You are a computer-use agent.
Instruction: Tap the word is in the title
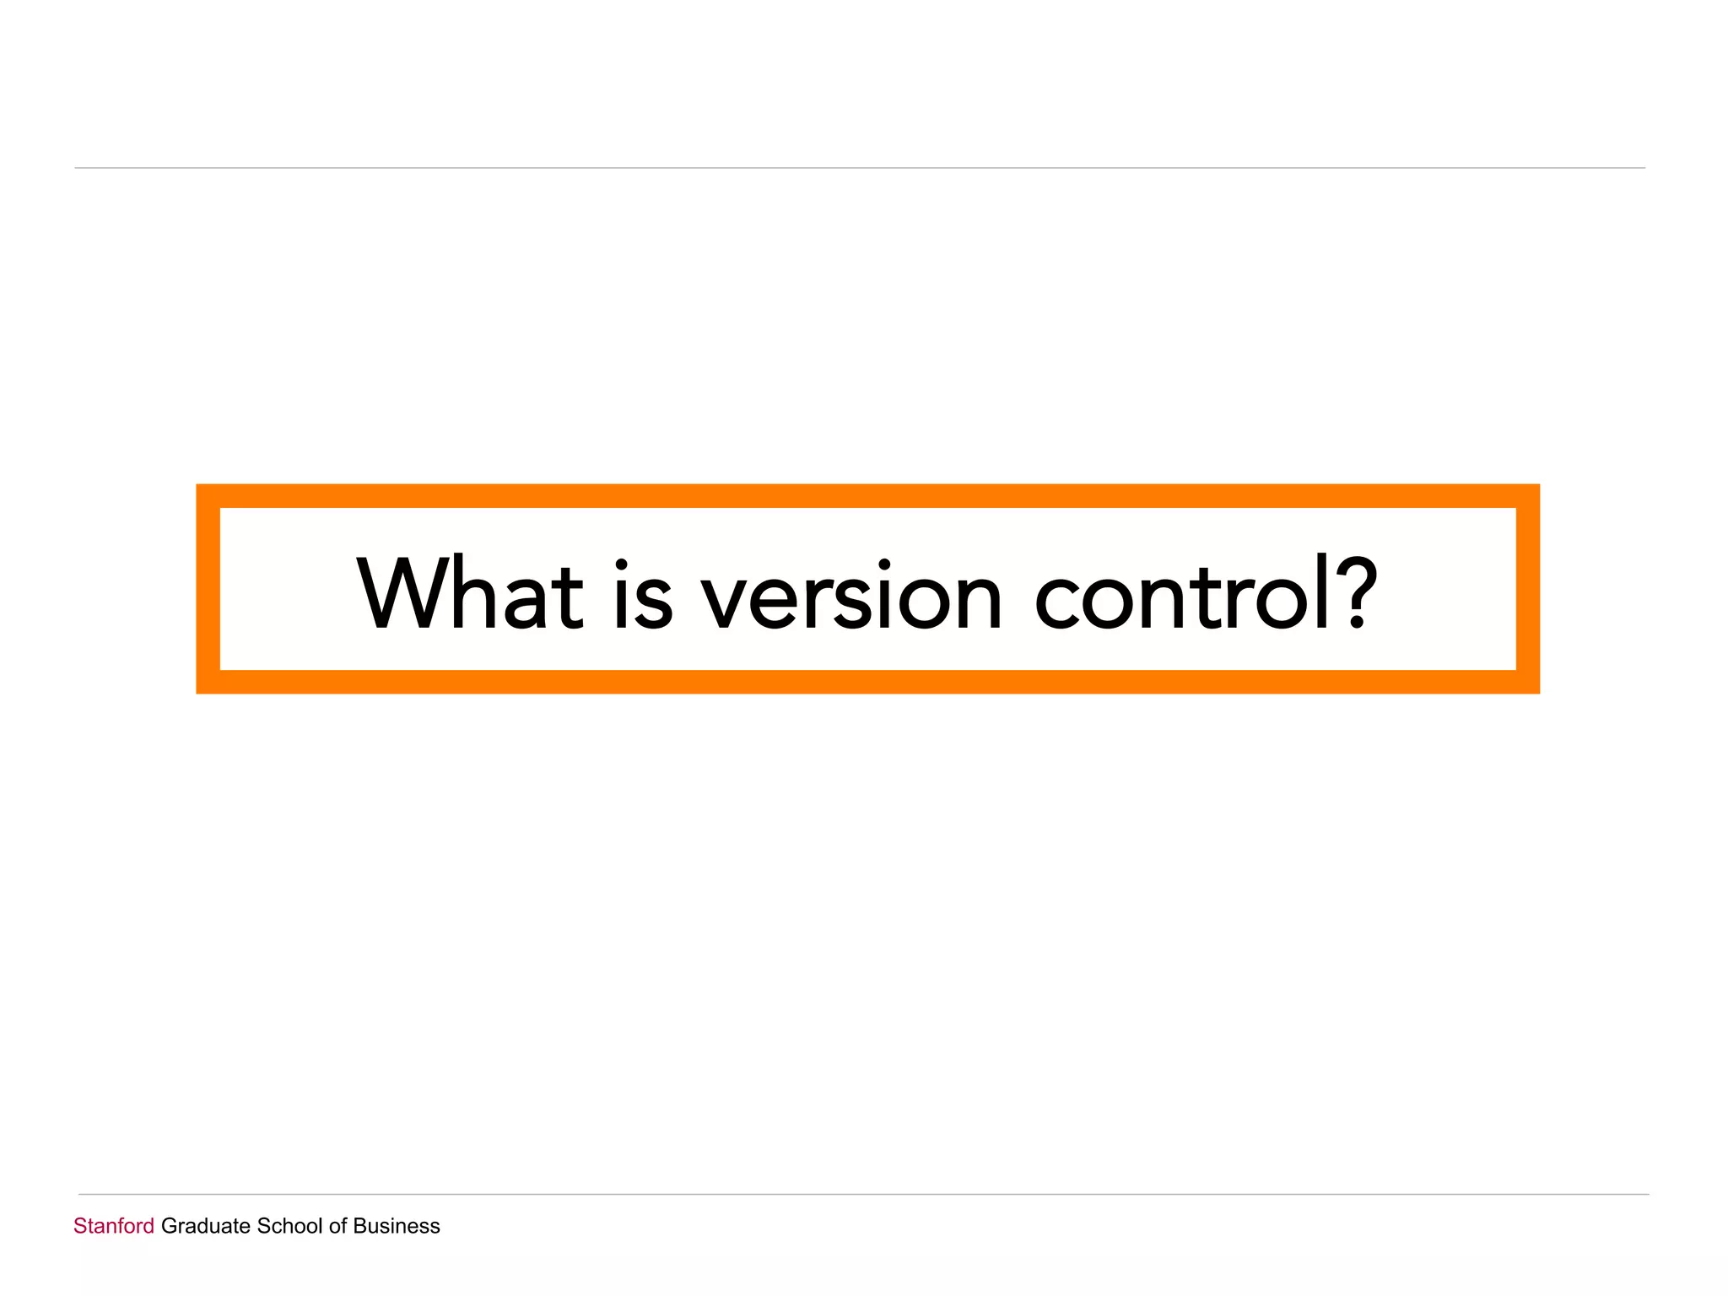(643, 595)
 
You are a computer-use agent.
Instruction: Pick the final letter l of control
(1322, 591)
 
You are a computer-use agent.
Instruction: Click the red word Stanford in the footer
(114, 1226)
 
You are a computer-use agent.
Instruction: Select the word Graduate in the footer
(206, 1226)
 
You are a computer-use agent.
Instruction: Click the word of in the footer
(337, 1226)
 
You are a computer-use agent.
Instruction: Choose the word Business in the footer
(397, 1226)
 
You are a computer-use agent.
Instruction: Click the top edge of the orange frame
(867, 496)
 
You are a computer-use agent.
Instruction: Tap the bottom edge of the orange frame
(867, 682)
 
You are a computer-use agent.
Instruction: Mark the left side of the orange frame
(208, 589)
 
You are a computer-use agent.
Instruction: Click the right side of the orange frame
(1528, 589)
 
